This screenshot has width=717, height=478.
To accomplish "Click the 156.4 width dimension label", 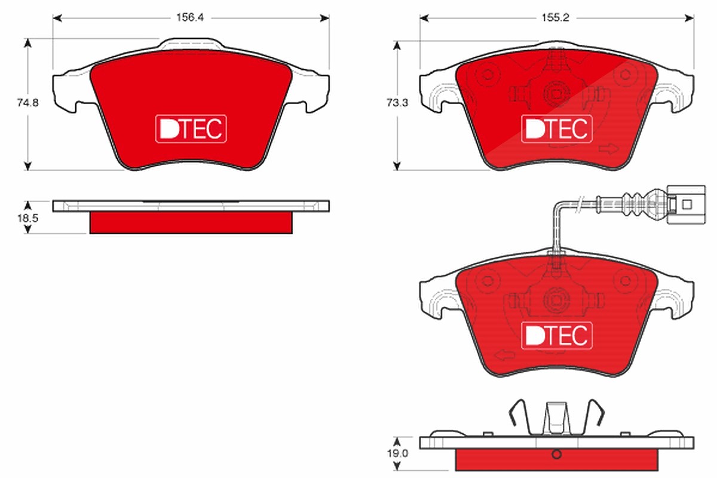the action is (190, 17).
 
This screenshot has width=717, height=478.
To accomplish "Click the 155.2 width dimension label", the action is (555, 17).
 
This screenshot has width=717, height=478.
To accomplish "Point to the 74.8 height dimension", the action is (28, 102).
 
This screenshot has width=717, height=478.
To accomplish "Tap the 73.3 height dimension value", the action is (397, 102).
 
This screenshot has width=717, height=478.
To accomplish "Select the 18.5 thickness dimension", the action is (28, 218).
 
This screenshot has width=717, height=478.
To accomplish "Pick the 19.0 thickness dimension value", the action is (397, 454).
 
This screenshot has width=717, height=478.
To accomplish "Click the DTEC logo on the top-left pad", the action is (191, 128).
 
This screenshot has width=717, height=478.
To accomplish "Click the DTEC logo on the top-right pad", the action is (557, 128).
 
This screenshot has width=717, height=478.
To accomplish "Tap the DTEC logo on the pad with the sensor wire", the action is (557, 336).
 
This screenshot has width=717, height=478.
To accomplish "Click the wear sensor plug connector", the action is (686, 204).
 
